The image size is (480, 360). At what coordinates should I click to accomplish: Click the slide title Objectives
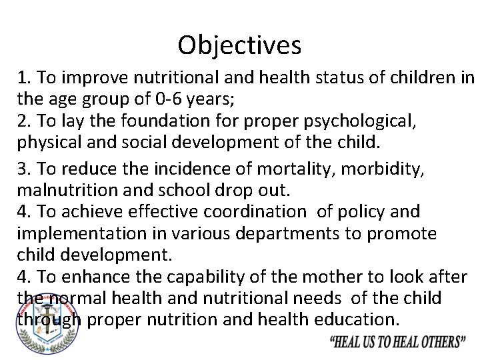tap(239, 45)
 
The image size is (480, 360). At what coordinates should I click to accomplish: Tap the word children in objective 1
tap(423, 77)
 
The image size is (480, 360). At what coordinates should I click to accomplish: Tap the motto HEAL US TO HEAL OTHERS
tap(397, 341)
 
